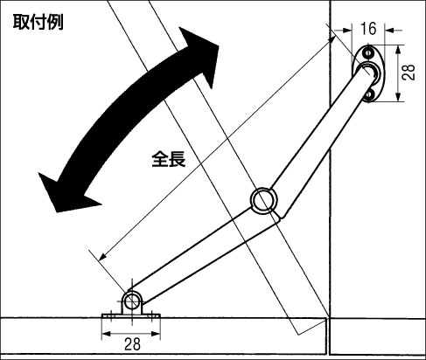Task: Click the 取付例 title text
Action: point(38,22)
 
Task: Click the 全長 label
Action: point(169,159)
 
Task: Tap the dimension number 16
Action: point(368,29)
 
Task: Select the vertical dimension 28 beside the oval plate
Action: point(408,73)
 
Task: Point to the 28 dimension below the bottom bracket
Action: point(132,344)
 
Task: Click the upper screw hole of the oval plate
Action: point(369,53)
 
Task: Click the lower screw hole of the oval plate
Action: point(369,94)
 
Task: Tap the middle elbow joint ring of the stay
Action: point(263,201)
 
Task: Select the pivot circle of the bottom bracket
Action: point(132,301)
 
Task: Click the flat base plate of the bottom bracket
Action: point(131,316)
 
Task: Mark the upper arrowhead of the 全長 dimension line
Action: point(332,40)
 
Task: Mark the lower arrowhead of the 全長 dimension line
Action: point(102,256)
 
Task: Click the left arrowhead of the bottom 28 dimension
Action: point(105,334)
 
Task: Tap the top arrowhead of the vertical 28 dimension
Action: point(398,50)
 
